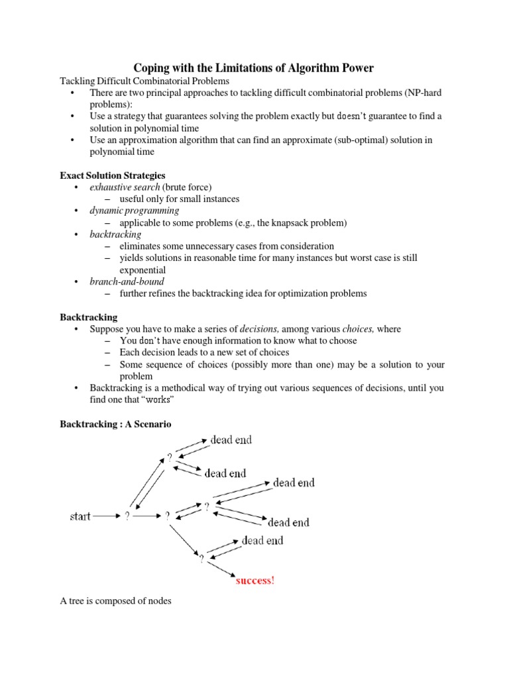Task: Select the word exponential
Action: (x=142, y=270)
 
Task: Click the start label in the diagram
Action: (x=80, y=516)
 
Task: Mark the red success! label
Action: (x=255, y=581)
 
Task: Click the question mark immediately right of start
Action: (x=127, y=516)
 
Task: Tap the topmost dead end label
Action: (x=231, y=440)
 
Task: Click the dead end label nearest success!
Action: (x=262, y=541)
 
